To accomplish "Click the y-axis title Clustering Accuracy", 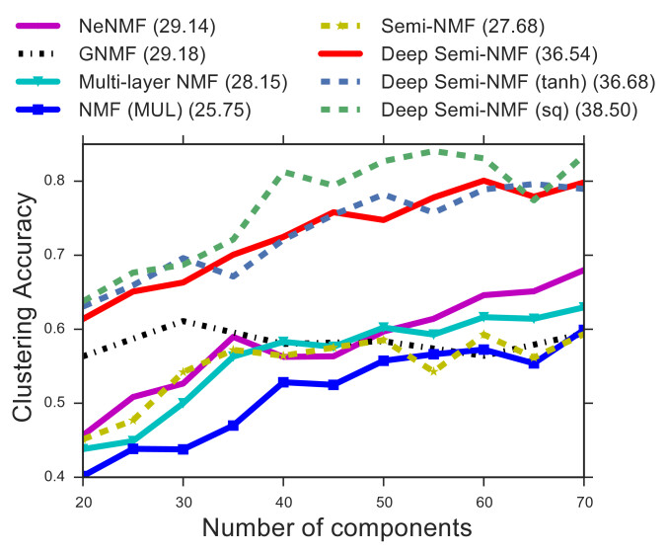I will coord(24,310).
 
